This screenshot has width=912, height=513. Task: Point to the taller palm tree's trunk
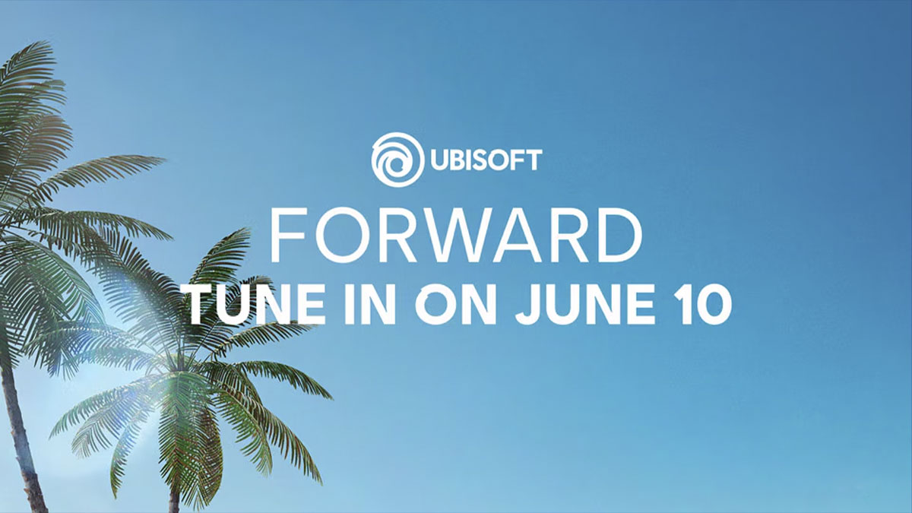pos(17,426)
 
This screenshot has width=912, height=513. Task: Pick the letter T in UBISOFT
pos(534,160)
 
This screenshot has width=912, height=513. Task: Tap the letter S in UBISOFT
pos(476,160)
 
